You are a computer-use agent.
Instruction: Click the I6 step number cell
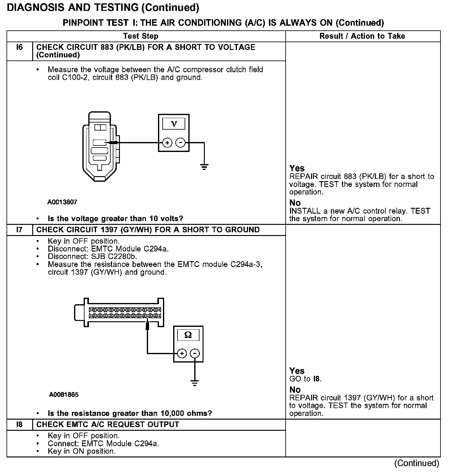20,47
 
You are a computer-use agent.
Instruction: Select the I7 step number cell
20,230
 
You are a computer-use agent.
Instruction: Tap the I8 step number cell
20,425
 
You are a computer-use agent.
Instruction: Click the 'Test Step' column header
141,36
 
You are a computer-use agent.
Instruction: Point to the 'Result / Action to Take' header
362,36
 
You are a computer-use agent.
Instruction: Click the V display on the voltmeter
174,124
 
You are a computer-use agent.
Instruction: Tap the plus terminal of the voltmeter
167,143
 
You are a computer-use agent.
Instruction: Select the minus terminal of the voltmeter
180,143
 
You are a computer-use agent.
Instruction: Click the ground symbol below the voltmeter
204,167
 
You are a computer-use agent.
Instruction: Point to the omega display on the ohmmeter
188,335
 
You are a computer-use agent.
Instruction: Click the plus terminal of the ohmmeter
182,353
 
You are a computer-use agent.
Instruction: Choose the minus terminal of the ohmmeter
195,353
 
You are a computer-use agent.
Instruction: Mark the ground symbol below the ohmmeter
195,383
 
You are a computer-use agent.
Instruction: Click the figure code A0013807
62,202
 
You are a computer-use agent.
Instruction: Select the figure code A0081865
64,395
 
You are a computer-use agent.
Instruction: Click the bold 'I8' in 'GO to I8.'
316,379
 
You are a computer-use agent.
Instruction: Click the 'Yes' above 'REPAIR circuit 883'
297,168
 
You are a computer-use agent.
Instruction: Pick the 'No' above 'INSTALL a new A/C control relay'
295,203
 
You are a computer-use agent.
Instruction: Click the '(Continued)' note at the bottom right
417,463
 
